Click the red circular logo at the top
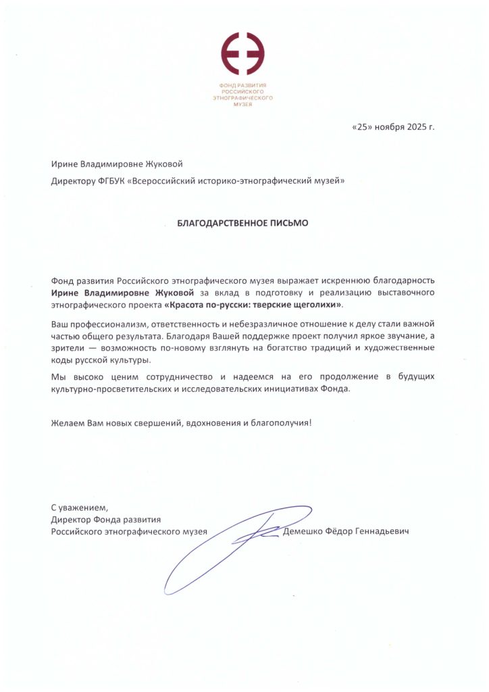244,53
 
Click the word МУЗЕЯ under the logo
244,103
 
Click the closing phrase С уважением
80,507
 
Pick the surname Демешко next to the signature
305,532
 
